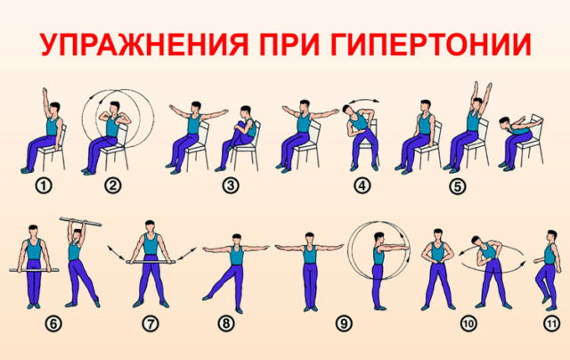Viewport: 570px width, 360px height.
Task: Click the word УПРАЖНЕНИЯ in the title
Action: pyautogui.click(x=144, y=45)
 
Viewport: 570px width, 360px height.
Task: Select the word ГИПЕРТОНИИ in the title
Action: pyautogui.click(x=431, y=45)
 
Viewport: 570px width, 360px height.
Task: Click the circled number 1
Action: pyautogui.click(x=44, y=186)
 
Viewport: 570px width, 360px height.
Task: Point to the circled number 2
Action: pyautogui.click(x=112, y=186)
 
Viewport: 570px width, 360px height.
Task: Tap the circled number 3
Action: pyautogui.click(x=231, y=186)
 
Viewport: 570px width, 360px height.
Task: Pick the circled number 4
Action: pyautogui.click(x=362, y=186)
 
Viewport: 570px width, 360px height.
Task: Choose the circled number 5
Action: pyautogui.click(x=457, y=187)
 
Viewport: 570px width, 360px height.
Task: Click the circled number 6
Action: pyautogui.click(x=53, y=323)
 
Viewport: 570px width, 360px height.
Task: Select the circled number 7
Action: pyautogui.click(x=151, y=323)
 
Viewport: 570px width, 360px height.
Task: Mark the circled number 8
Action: pyautogui.click(x=225, y=323)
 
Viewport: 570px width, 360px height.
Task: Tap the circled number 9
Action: pyautogui.click(x=344, y=323)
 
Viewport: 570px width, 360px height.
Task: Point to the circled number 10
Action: pyautogui.click(x=468, y=323)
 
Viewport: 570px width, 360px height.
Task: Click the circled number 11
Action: pyautogui.click(x=551, y=323)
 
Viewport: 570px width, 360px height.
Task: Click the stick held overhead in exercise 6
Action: pyautogui.click(x=81, y=222)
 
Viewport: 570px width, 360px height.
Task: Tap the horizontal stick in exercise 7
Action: pyautogui.click(x=151, y=262)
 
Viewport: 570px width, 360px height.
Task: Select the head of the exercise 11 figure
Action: pyautogui.click(x=552, y=236)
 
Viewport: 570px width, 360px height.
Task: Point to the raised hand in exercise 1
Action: pyautogui.click(x=45, y=92)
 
